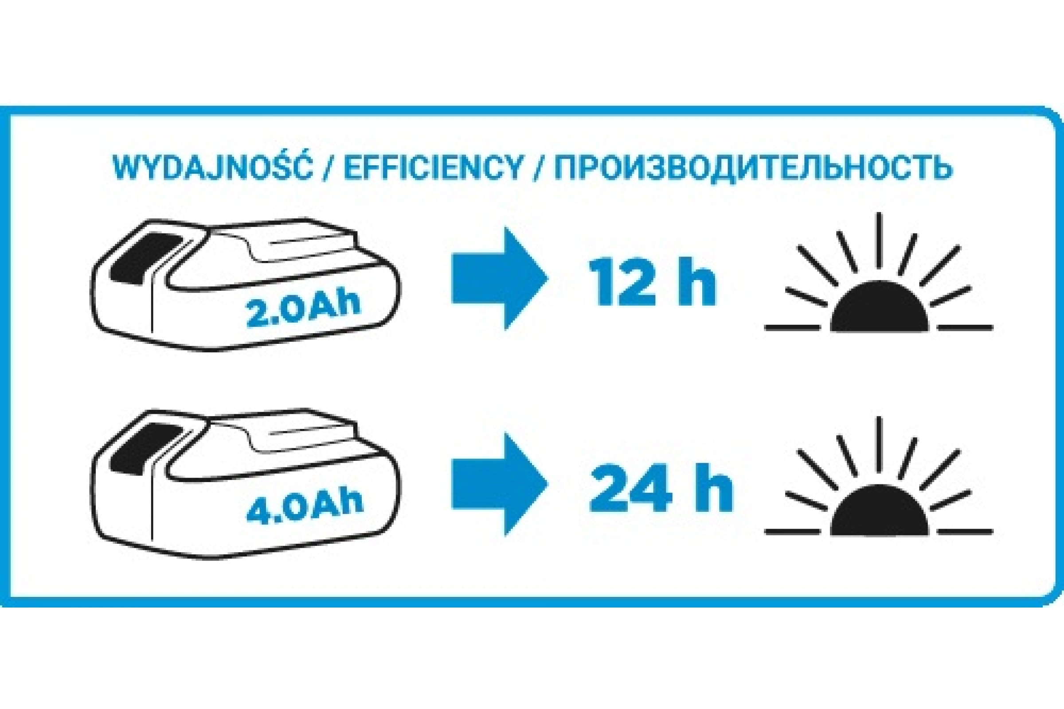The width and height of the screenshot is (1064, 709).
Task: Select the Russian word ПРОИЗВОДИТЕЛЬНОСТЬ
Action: (753, 169)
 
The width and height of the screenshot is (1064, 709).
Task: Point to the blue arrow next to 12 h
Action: (500, 278)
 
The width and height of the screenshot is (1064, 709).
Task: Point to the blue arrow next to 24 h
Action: (500, 484)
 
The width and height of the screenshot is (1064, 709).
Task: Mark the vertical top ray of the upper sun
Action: (880, 240)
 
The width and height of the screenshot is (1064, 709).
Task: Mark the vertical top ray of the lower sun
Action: (880, 445)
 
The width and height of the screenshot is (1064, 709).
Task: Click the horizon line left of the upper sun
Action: (793, 327)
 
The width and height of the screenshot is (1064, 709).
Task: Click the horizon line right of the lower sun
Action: (966, 532)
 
